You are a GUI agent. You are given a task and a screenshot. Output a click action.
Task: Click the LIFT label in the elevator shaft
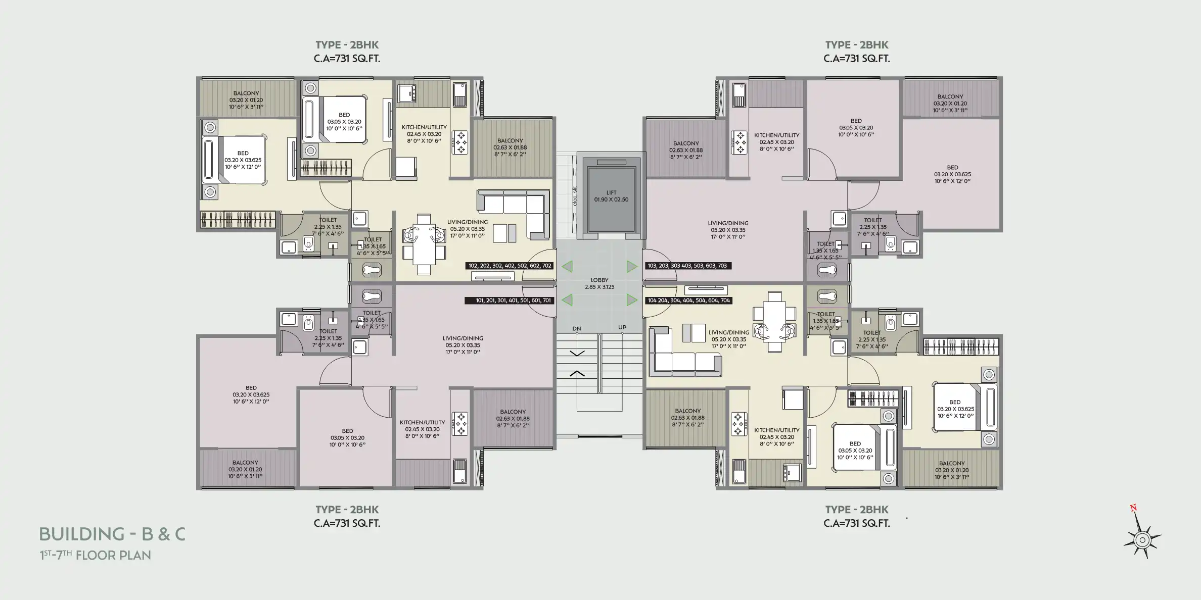(611, 192)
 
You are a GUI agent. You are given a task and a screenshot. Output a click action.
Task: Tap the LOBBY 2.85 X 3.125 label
(599, 283)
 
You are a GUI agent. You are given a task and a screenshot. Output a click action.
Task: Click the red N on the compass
(1133, 508)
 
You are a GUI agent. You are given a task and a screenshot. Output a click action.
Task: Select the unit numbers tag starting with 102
(510, 266)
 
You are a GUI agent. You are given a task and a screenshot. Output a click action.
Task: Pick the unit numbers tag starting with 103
(687, 266)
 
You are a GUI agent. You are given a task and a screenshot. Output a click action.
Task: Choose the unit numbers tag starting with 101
(510, 301)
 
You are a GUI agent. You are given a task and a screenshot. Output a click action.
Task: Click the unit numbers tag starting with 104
(688, 301)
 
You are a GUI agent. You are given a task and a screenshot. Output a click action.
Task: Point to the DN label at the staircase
(577, 329)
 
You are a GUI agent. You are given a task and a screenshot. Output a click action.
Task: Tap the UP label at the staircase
(622, 327)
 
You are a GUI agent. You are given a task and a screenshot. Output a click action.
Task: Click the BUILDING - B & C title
(112, 534)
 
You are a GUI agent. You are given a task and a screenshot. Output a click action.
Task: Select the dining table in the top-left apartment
(424, 244)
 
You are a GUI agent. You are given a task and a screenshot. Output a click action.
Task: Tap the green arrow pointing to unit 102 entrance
(567, 266)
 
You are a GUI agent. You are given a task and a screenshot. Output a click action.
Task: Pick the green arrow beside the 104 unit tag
(632, 300)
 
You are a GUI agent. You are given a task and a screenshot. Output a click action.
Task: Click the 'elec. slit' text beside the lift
(575, 196)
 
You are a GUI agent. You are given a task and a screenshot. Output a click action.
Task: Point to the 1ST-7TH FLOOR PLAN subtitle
(96, 555)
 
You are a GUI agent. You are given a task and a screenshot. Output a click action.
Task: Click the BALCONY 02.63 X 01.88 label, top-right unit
(686, 150)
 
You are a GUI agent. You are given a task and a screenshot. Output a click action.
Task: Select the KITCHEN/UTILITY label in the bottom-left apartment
(422, 429)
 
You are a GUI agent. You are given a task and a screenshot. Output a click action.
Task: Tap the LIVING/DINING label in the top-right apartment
(728, 230)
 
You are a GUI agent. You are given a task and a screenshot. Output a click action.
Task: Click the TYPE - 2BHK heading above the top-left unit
(347, 45)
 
